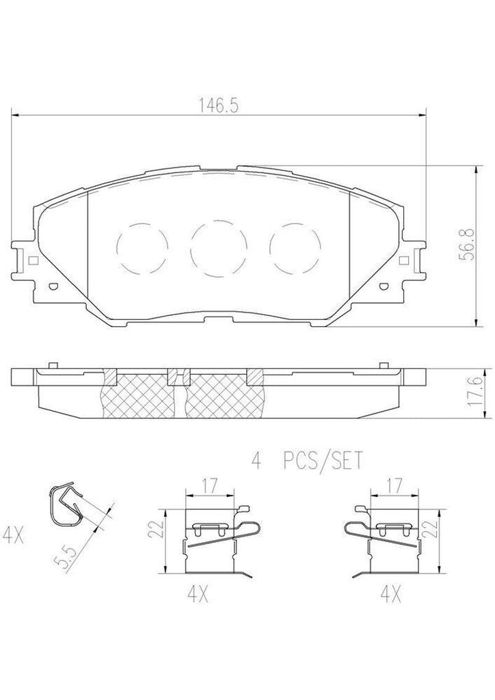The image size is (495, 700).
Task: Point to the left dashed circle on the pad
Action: click(142, 248)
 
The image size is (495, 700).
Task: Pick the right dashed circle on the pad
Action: click(295, 248)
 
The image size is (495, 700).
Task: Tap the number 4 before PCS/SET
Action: click(257, 462)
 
